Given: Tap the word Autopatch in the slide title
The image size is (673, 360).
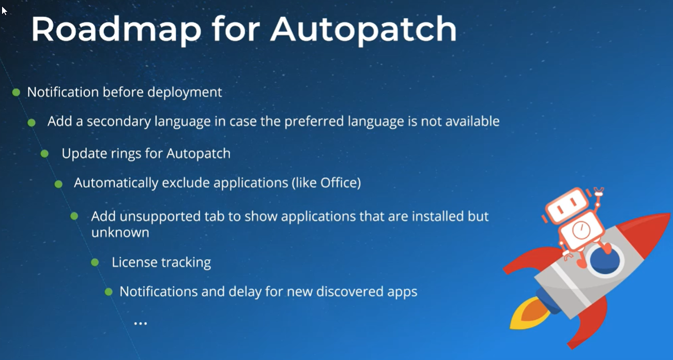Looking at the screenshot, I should click(363, 30).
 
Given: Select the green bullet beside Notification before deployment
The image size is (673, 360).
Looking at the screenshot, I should click(16, 93).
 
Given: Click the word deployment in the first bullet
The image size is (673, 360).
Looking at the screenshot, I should click(185, 93).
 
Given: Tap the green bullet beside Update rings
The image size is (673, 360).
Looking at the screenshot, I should click(44, 154).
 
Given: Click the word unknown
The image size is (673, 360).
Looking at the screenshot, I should click(120, 233).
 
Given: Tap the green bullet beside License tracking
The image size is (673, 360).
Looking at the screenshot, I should click(95, 263).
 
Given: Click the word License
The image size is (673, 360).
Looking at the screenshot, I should click(130, 263).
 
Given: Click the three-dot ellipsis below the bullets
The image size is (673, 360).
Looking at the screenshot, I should click(141, 323).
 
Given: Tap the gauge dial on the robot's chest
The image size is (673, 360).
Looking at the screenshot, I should click(580, 231).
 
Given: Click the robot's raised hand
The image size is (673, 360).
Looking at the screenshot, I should click(600, 193).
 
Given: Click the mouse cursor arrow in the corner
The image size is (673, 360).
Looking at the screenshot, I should click(4, 10).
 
